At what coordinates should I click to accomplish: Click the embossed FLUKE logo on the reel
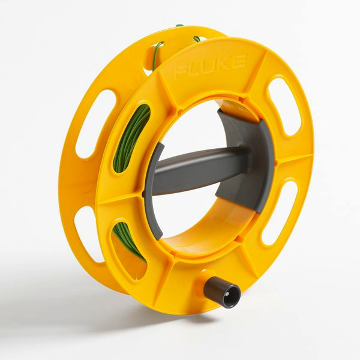(x=210, y=67)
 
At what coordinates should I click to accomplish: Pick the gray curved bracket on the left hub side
(x=154, y=191)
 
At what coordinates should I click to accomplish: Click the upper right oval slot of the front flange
(x=284, y=106)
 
